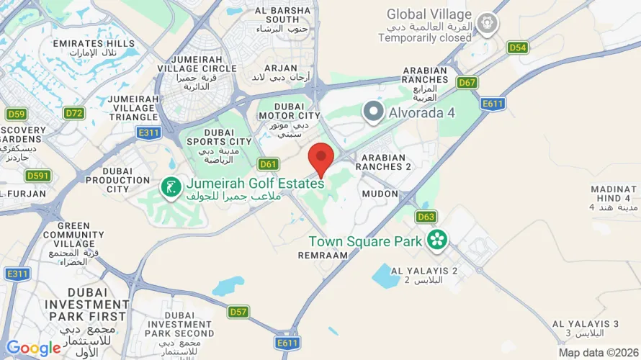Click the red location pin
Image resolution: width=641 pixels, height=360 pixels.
pyautogui.click(x=321, y=158)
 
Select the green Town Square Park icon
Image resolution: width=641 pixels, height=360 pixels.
pyautogui.click(x=436, y=240)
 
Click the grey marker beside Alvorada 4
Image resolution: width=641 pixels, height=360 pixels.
pyautogui.click(x=373, y=112)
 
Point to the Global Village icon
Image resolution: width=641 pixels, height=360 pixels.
pyautogui.click(x=489, y=23)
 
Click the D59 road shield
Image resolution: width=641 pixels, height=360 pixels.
pyautogui.click(x=17, y=114)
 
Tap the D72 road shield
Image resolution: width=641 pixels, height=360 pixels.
pyautogui.click(x=73, y=113)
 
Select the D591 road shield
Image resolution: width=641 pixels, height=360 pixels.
pyautogui.click(x=38, y=175)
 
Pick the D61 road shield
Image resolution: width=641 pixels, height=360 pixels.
pyautogui.click(x=269, y=164)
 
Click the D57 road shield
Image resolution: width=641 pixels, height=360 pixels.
pyautogui.click(x=238, y=312)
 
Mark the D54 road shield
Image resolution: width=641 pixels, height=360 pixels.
pyautogui.click(x=517, y=48)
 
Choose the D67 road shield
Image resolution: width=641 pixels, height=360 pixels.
pyautogui.click(x=467, y=83)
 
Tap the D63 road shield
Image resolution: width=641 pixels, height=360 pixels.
pyautogui.click(x=426, y=216)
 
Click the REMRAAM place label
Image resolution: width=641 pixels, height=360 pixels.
pyautogui.click(x=318, y=256)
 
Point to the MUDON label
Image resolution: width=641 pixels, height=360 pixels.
pyautogui.click(x=380, y=194)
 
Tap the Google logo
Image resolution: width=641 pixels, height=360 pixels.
pyautogui.click(x=33, y=348)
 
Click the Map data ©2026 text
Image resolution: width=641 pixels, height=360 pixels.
pyautogui.click(x=598, y=353)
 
